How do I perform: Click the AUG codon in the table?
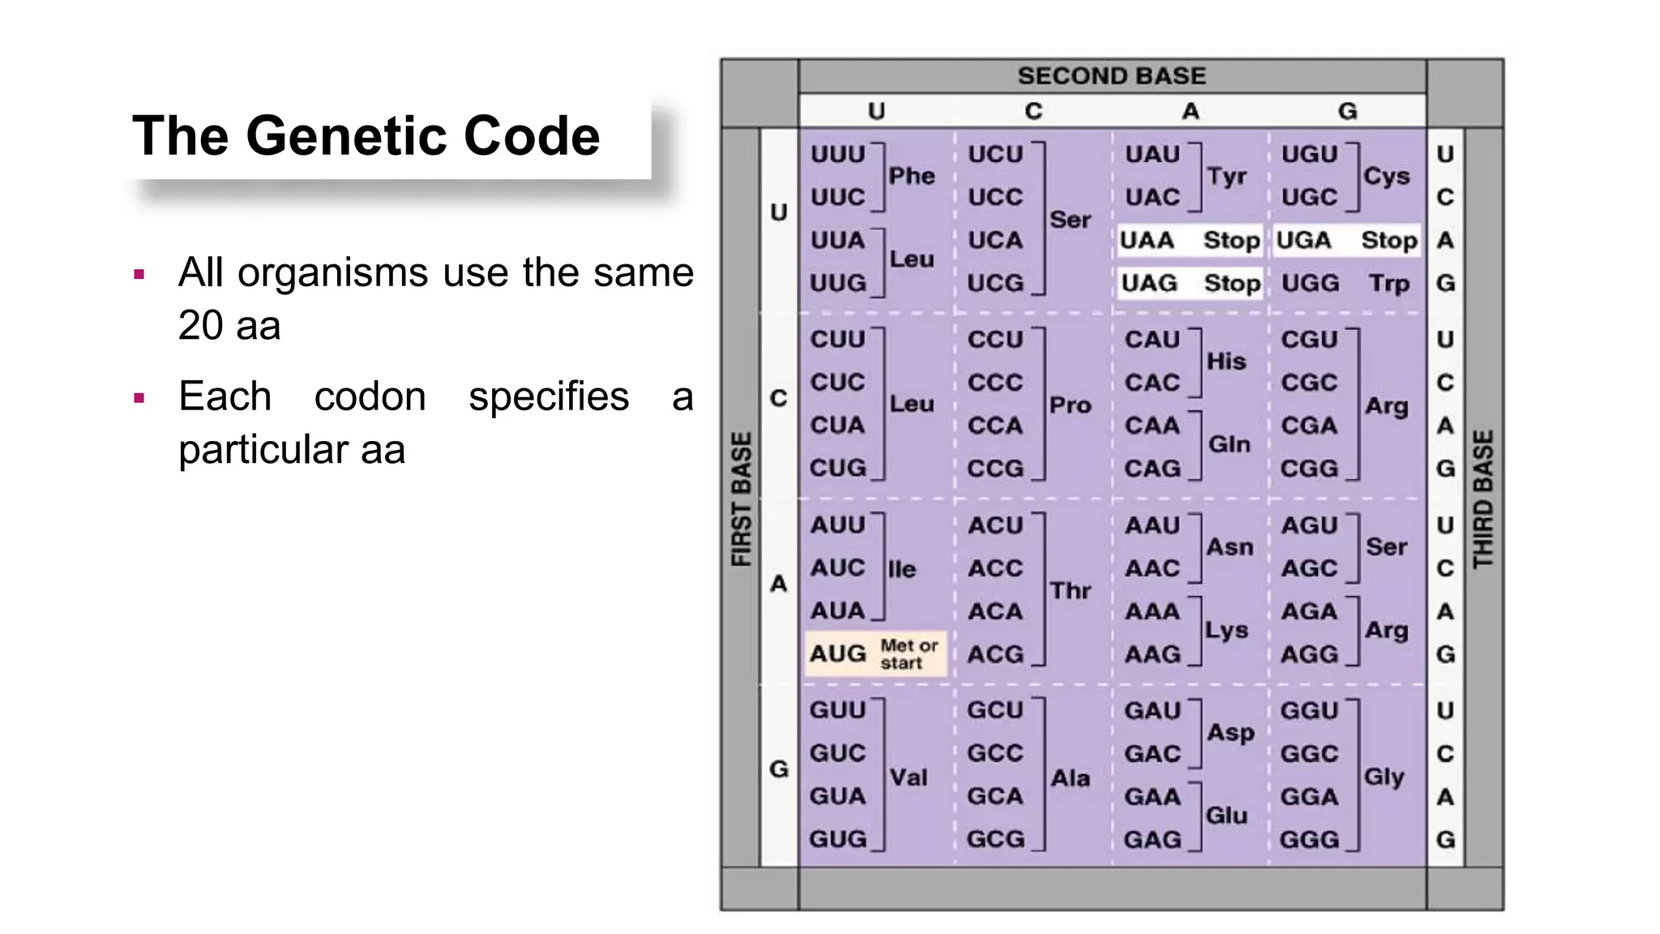point(837,653)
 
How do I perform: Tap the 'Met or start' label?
point(909,654)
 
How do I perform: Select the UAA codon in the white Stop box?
point(1147,241)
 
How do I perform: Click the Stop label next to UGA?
point(1388,241)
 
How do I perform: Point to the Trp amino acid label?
point(1388,284)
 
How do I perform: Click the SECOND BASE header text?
point(1111,76)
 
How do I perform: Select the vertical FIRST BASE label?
point(742,499)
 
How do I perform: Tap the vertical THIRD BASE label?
point(1482,499)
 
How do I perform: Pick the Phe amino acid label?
point(911,176)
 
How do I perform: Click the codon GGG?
point(1308,839)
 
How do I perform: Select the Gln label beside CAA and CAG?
point(1229,444)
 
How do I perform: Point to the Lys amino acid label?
point(1226,630)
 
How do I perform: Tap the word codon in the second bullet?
point(370,396)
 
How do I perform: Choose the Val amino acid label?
point(908,778)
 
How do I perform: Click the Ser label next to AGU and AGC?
point(1386,547)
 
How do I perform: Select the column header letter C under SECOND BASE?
point(1033,111)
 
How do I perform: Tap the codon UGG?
point(1310,284)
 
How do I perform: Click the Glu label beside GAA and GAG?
point(1226,815)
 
